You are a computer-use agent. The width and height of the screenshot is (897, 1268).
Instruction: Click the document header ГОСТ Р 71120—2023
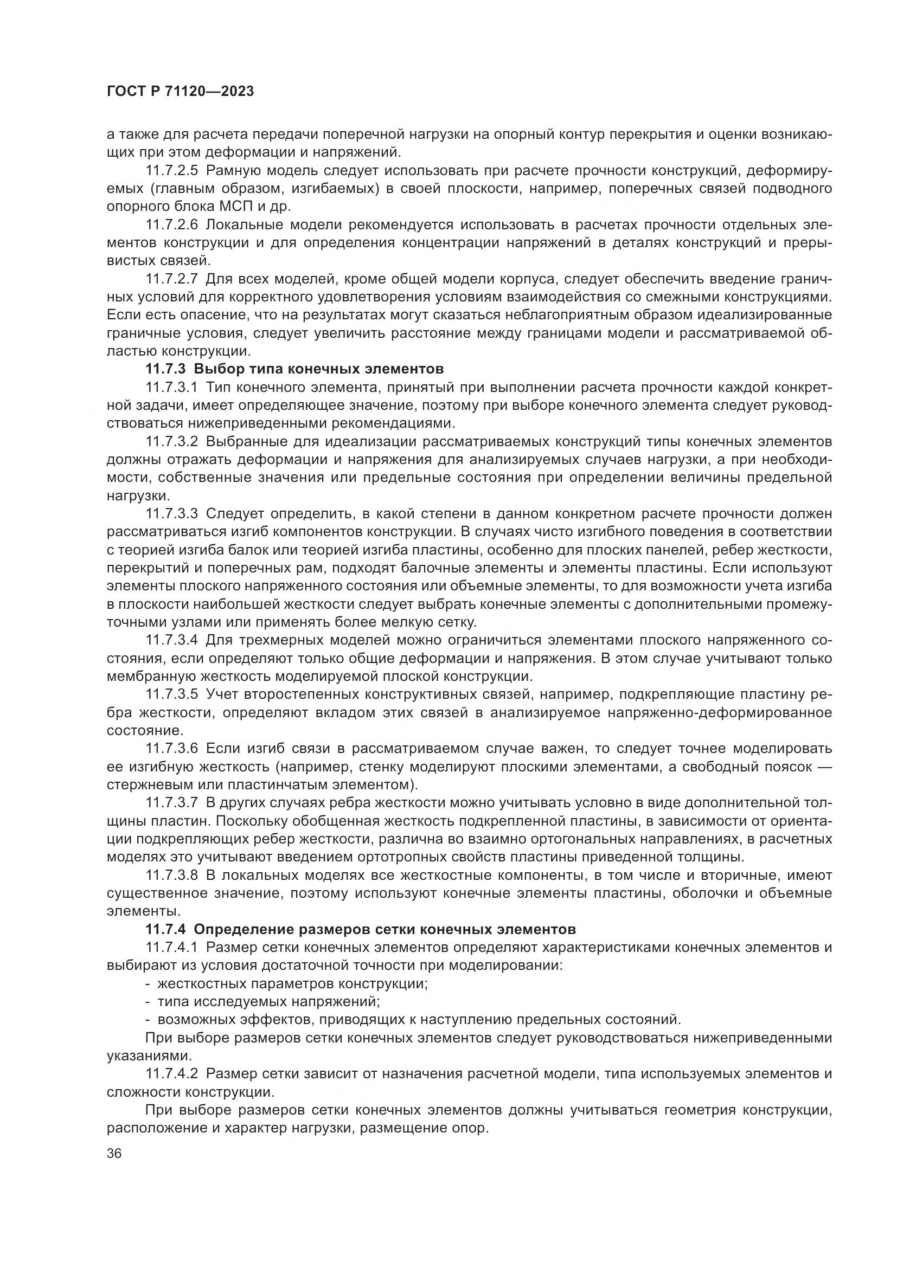click(x=180, y=92)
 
